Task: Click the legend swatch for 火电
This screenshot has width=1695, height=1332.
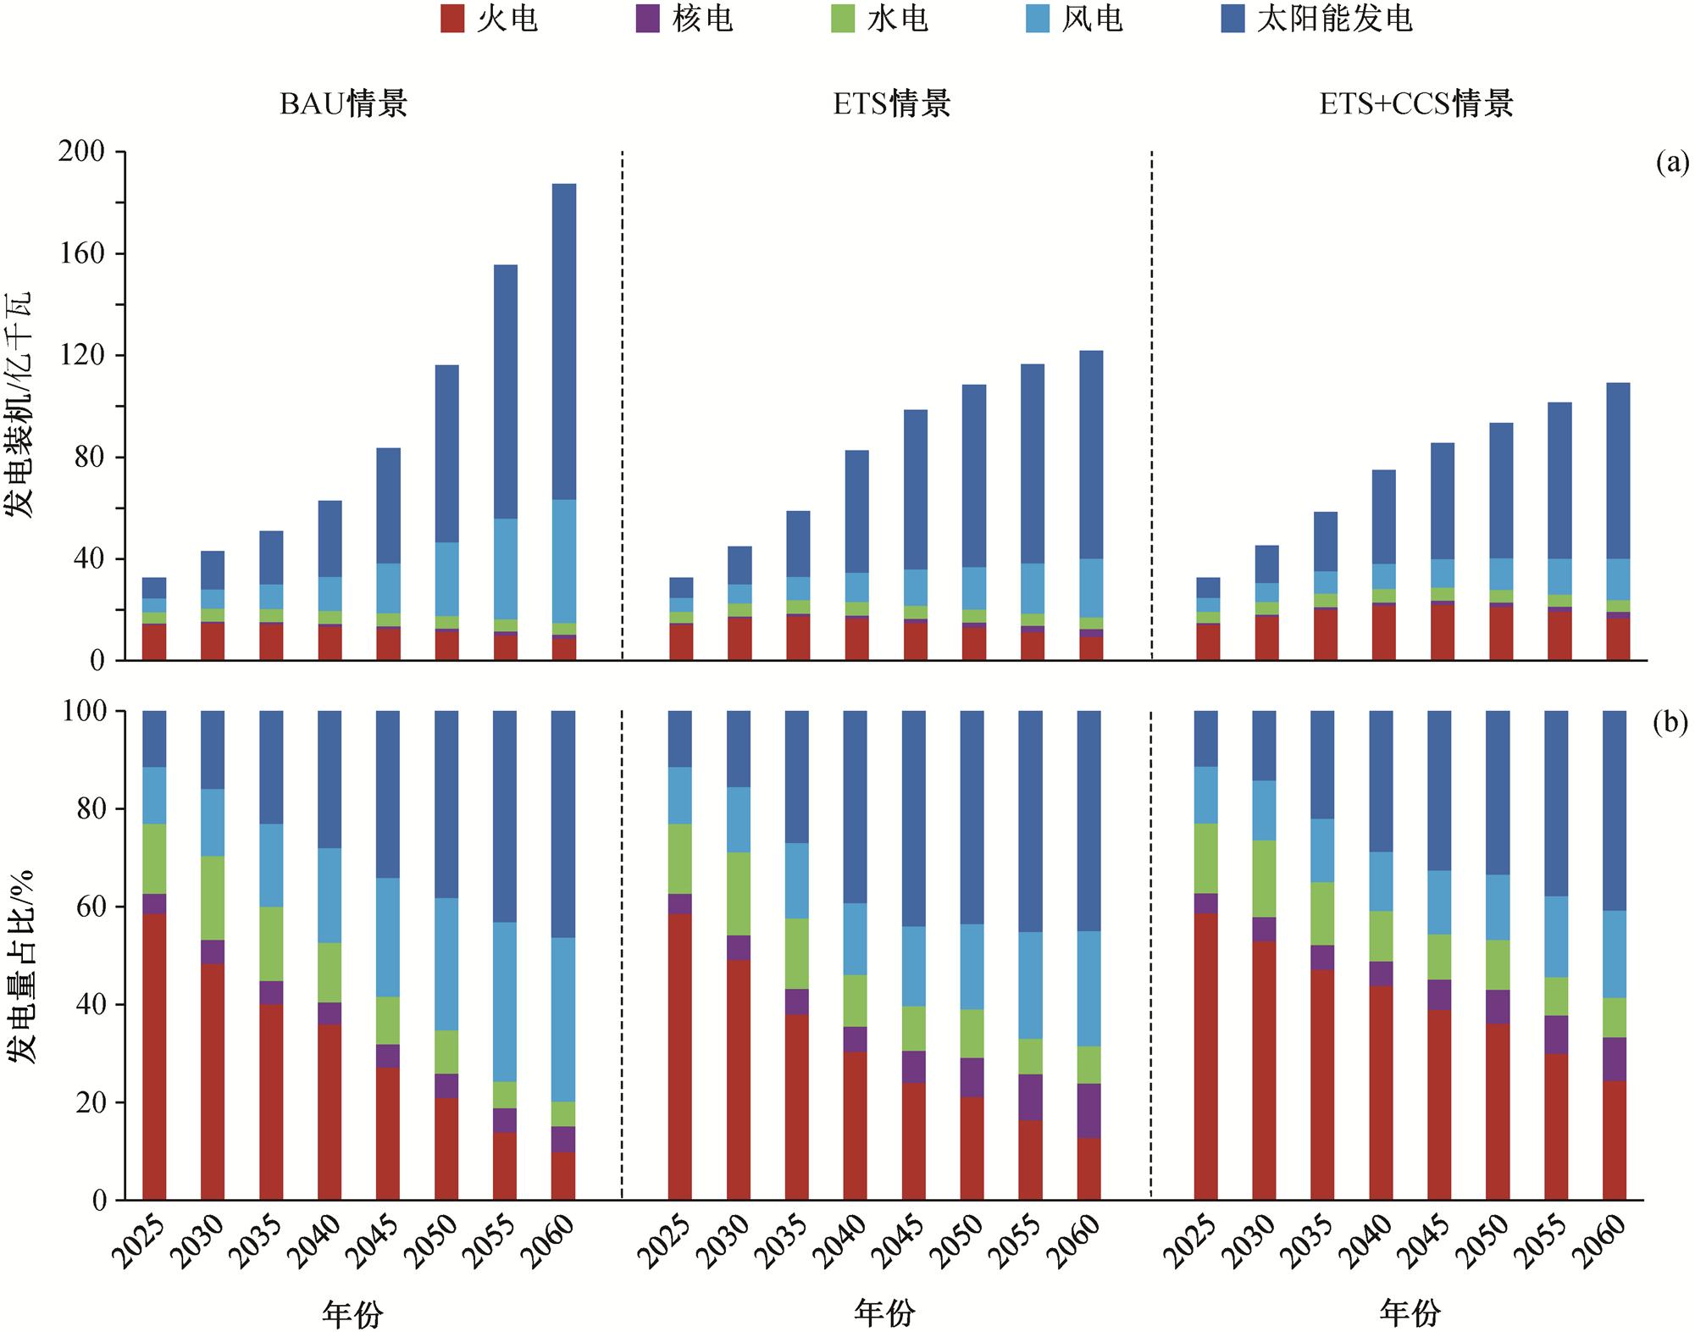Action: [452, 19]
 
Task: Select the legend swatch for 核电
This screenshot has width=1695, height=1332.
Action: [648, 19]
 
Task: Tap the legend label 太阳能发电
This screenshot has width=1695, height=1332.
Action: [1335, 19]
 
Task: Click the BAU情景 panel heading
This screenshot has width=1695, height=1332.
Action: [344, 103]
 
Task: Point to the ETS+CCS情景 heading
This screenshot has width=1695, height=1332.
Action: [1416, 103]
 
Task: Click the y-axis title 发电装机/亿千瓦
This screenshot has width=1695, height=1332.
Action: [19, 405]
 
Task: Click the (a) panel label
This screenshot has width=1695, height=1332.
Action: [1672, 163]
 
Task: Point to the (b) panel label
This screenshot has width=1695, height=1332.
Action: [1672, 723]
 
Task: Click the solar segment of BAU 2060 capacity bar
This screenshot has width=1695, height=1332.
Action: [563, 339]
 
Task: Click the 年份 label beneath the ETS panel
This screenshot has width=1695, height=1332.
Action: [884, 1313]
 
